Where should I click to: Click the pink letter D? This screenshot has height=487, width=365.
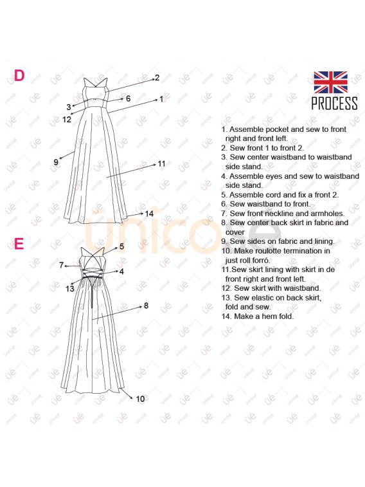click(19, 76)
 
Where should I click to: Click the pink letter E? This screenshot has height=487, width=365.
click(19, 244)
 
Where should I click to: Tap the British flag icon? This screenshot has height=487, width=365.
click(330, 82)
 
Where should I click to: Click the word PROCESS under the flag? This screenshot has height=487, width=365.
click(334, 103)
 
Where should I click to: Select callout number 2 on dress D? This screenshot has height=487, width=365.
click(157, 78)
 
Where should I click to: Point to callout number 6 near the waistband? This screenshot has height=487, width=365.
click(128, 98)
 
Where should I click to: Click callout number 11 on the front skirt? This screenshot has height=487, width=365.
click(162, 164)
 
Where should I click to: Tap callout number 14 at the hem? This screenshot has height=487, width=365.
click(149, 214)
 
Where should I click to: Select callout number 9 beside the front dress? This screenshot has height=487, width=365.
click(56, 162)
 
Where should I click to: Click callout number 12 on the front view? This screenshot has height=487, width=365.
click(67, 119)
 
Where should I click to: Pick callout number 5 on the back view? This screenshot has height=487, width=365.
click(121, 246)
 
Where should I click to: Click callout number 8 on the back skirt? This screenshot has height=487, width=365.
click(146, 306)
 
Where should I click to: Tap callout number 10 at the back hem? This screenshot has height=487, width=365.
click(140, 398)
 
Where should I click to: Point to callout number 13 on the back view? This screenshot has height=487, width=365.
click(70, 289)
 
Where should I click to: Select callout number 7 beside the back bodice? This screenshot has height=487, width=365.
click(62, 265)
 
